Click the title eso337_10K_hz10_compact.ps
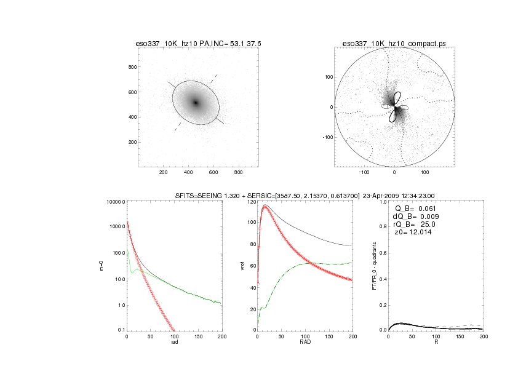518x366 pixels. click(393, 44)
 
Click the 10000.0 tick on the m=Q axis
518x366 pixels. click(116, 202)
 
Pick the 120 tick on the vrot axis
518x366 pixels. click(251, 202)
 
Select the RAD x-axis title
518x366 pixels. click(305, 342)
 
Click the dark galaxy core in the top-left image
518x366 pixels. click(196, 103)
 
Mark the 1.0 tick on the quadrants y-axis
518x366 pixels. click(383, 202)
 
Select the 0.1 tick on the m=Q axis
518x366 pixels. click(121, 330)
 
